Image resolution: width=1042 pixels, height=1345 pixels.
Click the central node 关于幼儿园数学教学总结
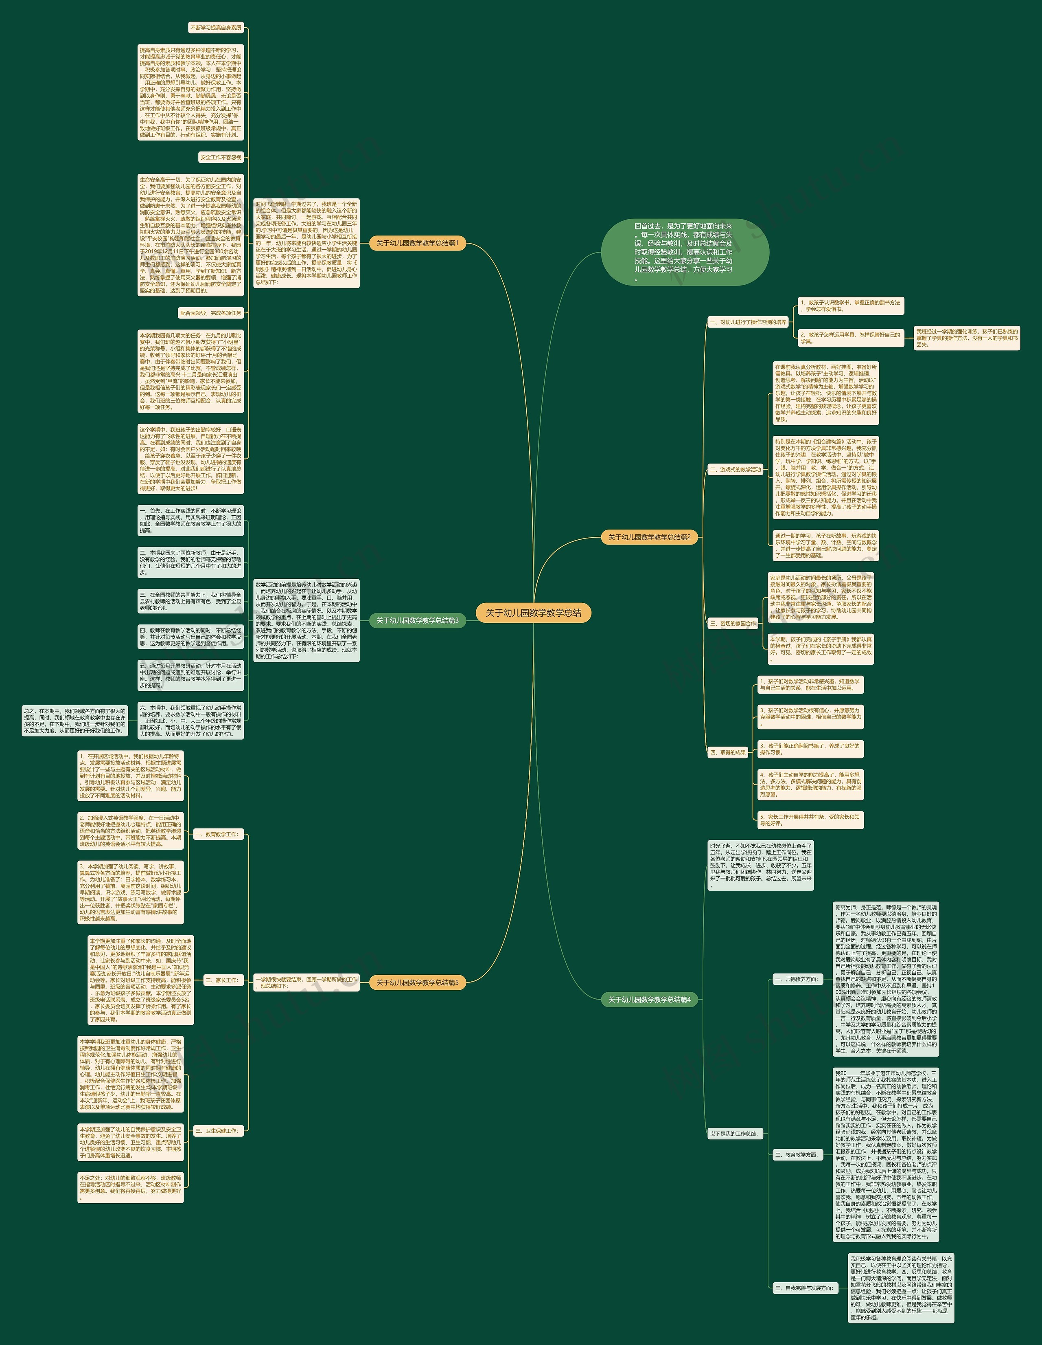533,613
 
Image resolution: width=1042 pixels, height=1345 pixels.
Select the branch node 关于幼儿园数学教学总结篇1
417,243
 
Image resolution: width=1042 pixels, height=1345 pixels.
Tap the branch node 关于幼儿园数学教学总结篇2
649,537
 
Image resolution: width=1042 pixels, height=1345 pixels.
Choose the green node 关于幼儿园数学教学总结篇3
417,620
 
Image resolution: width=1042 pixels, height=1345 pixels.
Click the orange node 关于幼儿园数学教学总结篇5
417,982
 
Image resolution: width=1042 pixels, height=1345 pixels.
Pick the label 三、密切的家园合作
733,623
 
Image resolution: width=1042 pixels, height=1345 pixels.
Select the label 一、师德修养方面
797,978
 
